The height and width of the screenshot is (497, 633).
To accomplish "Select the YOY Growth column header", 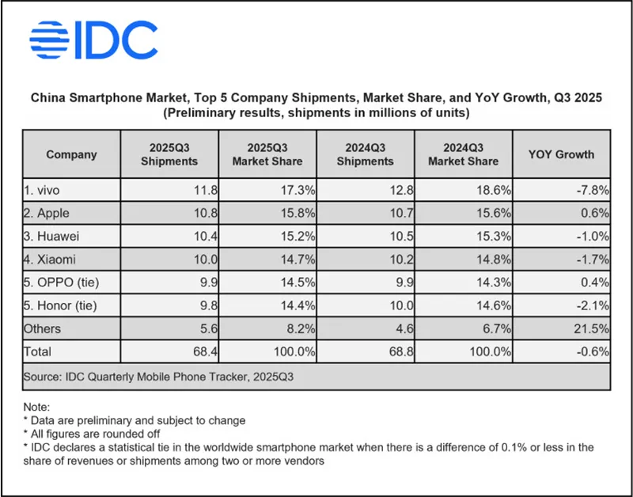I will (x=561, y=154).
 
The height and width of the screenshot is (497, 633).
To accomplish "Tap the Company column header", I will (x=71, y=154).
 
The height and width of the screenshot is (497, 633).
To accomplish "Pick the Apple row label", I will (x=49, y=213).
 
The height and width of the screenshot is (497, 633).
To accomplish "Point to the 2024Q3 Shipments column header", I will (x=365, y=154).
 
